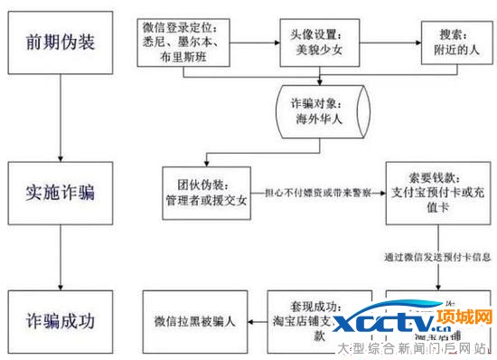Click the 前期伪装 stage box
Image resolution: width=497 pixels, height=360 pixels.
[x=58, y=42]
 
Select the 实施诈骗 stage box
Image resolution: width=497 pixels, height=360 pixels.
[x=58, y=193]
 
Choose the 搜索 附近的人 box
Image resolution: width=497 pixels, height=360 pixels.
[x=449, y=42]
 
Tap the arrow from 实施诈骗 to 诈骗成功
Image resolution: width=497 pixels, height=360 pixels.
[x=58, y=256]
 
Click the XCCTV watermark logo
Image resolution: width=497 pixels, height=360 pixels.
[x=392, y=322]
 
